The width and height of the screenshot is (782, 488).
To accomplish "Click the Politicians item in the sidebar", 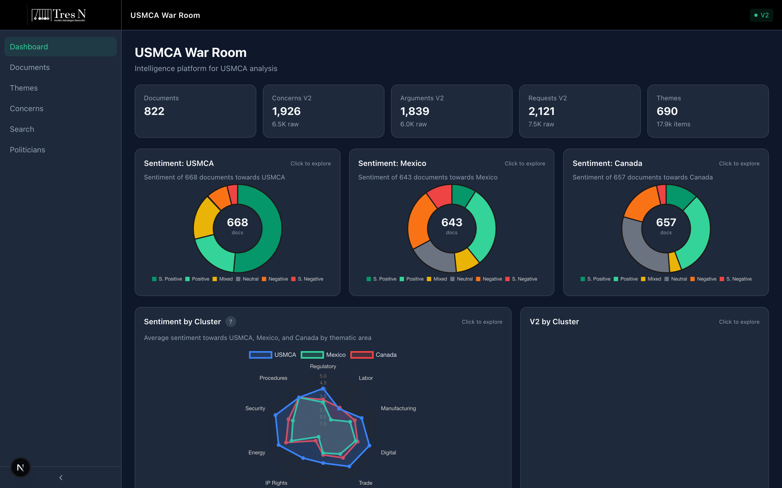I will [27, 150].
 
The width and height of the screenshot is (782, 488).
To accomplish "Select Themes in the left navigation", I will [24, 88].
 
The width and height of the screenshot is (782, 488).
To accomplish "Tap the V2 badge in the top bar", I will [761, 15].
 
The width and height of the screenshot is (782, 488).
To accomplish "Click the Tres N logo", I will [58, 15].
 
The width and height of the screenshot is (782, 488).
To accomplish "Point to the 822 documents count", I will [154, 111].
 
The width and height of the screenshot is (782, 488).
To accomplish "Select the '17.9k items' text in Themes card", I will [673, 124].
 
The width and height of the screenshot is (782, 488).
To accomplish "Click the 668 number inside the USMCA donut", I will [237, 222].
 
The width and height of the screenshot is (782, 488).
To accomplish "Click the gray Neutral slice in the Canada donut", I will [641, 249].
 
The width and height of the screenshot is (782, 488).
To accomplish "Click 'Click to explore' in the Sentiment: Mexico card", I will [525, 164].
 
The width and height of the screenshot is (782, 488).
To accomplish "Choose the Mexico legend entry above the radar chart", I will [323, 355].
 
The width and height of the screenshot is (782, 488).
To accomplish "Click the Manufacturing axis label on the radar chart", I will [398, 408].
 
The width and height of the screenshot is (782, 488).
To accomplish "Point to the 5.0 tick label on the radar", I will [323, 376].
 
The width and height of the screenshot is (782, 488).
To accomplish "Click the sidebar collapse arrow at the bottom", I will [61, 477].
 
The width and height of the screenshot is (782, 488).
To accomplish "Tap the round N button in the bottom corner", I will [20, 467].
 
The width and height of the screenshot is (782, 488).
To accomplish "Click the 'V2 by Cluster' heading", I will [554, 322].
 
